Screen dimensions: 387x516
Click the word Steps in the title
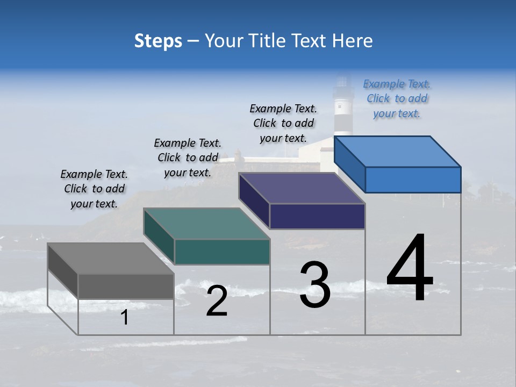pyautogui.click(x=158, y=41)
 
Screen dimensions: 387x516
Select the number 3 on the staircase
pyautogui.click(x=315, y=285)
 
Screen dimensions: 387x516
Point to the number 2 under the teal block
pyautogui.click(x=217, y=301)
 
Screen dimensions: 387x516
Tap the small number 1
pyautogui.click(x=124, y=318)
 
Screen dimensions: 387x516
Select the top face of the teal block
pyautogui.click(x=206, y=224)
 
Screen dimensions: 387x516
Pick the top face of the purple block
pyautogui.click(x=302, y=188)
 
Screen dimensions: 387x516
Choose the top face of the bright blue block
pyautogui.click(x=397, y=152)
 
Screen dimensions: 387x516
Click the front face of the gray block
pyautogui.click(x=126, y=286)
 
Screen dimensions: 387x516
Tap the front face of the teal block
pyautogui.click(x=222, y=252)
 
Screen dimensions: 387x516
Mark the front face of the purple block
pyautogui.click(x=317, y=217)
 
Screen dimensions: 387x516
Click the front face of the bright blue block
pyautogui.click(x=413, y=180)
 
